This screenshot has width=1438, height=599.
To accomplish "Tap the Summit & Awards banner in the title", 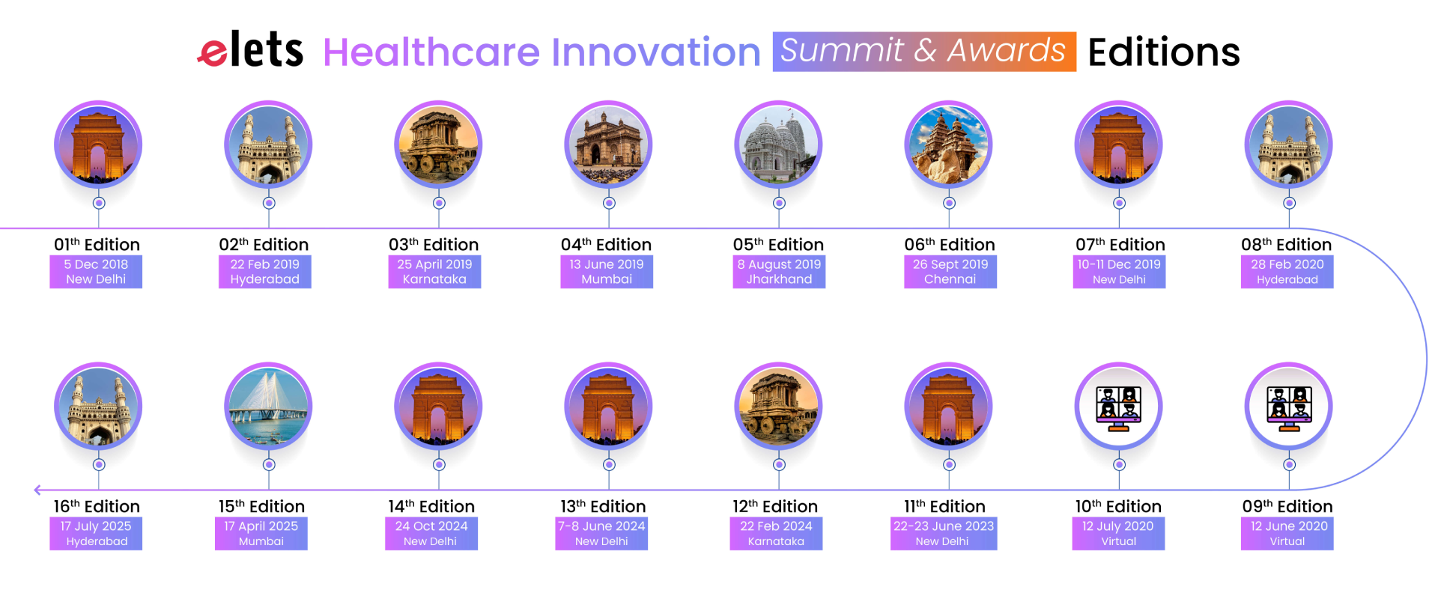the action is pyautogui.click(x=924, y=52).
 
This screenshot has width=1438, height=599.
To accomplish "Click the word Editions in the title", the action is pyautogui.click(x=1164, y=52).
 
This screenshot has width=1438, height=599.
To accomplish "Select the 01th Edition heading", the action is pyautogui.click(x=97, y=245).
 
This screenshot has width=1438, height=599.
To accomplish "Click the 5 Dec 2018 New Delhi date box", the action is pyautogui.click(x=96, y=272).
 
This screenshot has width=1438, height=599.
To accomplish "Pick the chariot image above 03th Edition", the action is pyautogui.click(x=439, y=145).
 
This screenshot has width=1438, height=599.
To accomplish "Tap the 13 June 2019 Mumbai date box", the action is pyautogui.click(x=607, y=272).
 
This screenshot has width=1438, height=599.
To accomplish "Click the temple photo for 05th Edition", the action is pyautogui.click(x=779, y=145).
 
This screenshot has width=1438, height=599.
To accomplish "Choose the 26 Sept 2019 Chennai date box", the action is pyautogui.click(x=950, y=272).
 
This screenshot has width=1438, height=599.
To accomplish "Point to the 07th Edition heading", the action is pyautogui.click(x=1120, y=245).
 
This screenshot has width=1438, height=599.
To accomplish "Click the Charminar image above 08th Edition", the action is pyautogui.click(x=1289, y=145).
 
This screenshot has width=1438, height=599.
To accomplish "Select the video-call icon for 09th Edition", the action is pyautogui.click(x=1289, y=407).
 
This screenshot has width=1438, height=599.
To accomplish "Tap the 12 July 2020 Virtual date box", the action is pyautogui.click(x=1118, y=534).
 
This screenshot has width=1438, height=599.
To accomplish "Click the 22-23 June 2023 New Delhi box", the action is pyautogui.click(x=944, y=534).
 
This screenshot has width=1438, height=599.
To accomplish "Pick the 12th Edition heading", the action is pyautogui.click(x=775, y=507).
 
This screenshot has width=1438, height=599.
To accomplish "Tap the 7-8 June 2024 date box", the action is pyautogui.click(x=601, y=534).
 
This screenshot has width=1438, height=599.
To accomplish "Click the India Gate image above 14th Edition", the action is pyautogui.click(x=439, y=407).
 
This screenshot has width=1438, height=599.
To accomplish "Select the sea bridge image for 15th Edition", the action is pyautogui.click(x=269, y=407).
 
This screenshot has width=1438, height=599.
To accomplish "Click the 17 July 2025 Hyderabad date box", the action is pyautogui.click(x=96, y=534).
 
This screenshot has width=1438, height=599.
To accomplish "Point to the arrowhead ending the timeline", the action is pyautogui.click(x=37, y=490).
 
